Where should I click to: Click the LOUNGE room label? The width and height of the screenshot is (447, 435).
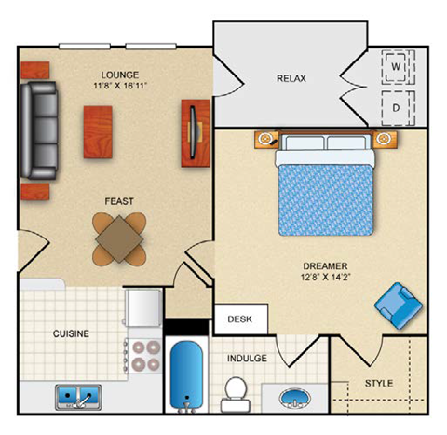coord(121,74)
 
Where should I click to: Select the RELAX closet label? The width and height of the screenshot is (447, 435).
coord(291,79)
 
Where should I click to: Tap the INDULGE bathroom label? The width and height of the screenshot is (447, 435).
coord(246,358)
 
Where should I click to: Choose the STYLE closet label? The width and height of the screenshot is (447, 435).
coord(378,383)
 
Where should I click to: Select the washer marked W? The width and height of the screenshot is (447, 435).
coord(396,67)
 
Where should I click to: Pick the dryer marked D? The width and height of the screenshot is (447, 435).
coord(396,107)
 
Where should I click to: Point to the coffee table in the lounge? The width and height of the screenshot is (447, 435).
coord(100,129)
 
